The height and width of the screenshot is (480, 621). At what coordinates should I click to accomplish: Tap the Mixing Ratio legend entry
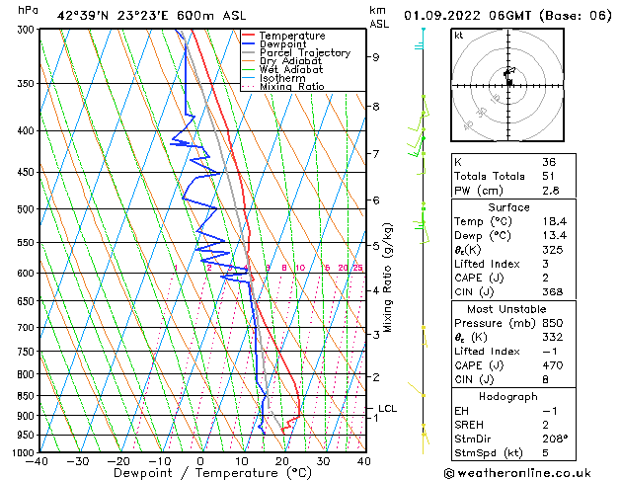point(292,87)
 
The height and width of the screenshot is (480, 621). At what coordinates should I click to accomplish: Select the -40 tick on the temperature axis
point(39,461)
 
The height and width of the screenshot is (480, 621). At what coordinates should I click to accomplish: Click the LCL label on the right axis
point(388,408)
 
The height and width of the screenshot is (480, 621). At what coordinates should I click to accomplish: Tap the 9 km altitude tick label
point(376,57)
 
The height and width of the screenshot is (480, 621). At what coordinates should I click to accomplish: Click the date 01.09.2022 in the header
point(452,15)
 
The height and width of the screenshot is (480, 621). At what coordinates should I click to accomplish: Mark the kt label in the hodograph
point(458,36)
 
